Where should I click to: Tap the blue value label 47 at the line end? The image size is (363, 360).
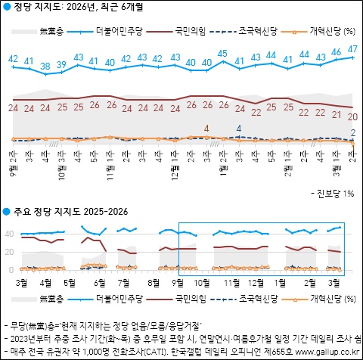(352, 49)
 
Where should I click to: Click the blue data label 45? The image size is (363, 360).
(222, 53)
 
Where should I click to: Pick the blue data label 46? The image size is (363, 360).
(336, 53)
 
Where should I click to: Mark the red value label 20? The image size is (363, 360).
(352, 116)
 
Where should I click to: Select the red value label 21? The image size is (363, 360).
(336, 115)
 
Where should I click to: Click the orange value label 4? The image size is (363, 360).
(206, 128)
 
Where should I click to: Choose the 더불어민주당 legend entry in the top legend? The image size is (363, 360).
(119, 31)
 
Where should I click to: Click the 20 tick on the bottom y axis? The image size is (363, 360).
(10, 252)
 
